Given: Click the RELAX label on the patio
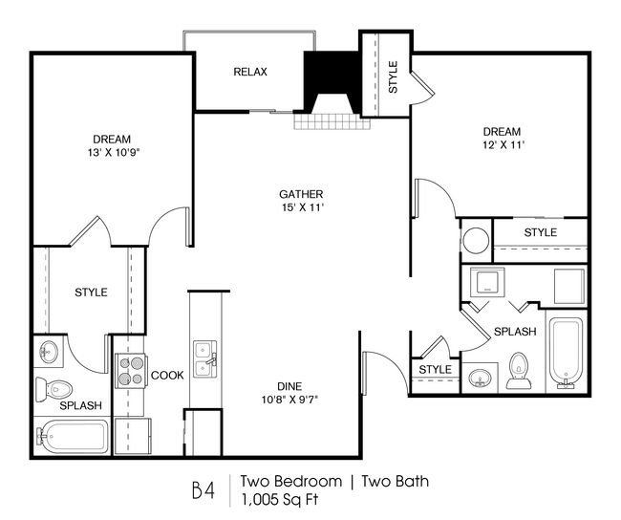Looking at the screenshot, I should pos(250,73).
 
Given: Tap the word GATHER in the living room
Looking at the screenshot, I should pos(301,192).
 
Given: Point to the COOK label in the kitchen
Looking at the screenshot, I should pos(167,376).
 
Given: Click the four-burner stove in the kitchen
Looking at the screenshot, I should pos(130,371).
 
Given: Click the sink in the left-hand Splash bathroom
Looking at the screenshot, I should pos(49,353).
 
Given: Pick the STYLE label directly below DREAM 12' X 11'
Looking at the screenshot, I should pos(540,232).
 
